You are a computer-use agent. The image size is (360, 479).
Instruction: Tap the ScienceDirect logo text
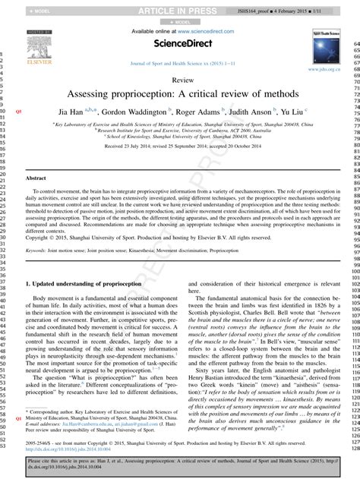point(180,44)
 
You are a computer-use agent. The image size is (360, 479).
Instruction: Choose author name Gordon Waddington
point(137,111)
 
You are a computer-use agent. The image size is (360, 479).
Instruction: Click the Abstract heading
point(36,177)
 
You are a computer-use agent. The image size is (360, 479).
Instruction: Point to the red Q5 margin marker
point(18,111)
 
